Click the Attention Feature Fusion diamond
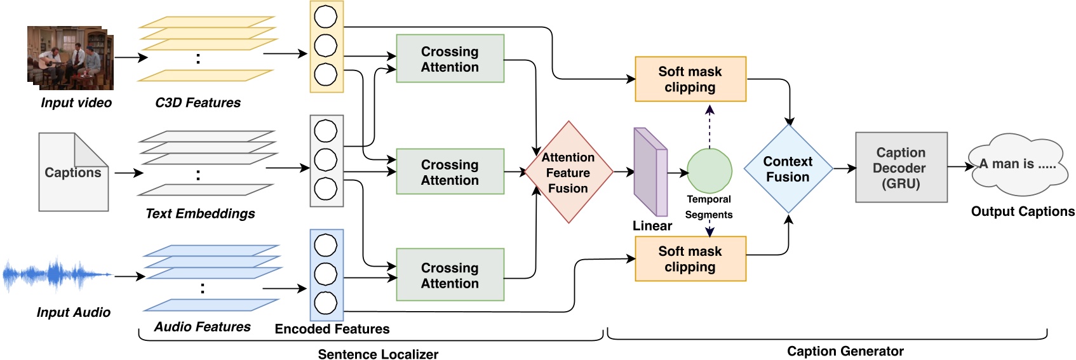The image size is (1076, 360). (x=568, y=172)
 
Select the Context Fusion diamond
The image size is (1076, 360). (x=788, y=169)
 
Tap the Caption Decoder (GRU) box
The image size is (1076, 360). (x=901, y=168)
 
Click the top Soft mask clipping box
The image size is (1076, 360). (x=690, y=79)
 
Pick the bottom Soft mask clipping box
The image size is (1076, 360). (x=690, y=259)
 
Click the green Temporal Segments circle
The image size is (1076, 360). (x=709, y=171)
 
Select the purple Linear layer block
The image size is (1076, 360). (x=650, y=172)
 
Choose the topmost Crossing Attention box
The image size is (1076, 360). (x=450, y=59)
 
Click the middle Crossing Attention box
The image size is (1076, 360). (x=450, y=172)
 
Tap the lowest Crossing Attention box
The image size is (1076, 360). (x=450, y=275)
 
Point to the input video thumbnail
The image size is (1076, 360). (x=70, y=58)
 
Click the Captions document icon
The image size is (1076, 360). (x=73, y=172)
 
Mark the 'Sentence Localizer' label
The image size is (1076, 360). (x=378, y=354)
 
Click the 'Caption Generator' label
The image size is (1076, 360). (x=845, y=351)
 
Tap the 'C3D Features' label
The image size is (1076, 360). (x=198, y=103)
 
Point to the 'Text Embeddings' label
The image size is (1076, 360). (x=200, y=214)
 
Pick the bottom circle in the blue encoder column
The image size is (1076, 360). (x=326, y=303)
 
